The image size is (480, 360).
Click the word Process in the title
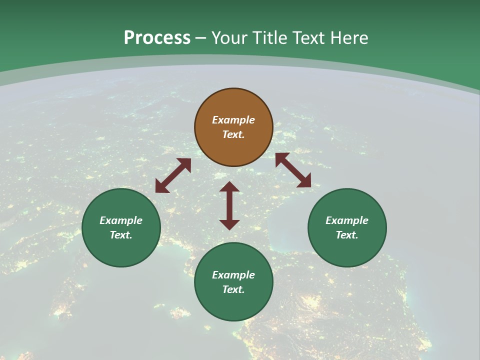click(157, 38)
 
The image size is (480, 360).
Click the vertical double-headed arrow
click(229, 205)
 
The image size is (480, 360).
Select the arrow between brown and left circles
click(173, 175)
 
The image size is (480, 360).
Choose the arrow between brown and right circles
click(293, 170)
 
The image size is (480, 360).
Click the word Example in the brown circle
click(233, 120)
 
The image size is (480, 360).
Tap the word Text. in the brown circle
click(233, 134)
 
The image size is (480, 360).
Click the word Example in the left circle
click(121, 220)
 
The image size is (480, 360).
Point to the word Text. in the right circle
click(347, 235)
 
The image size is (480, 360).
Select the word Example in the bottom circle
click(233, 275)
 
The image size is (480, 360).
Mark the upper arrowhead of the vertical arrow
click(229, 187)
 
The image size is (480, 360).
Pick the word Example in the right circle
click(347, 220)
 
